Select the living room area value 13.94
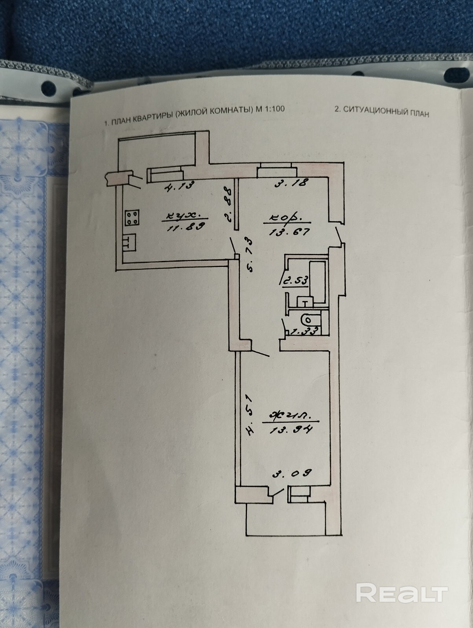coord(291,429)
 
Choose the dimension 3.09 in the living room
coord(292,473)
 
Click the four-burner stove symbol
coord(132,218)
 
